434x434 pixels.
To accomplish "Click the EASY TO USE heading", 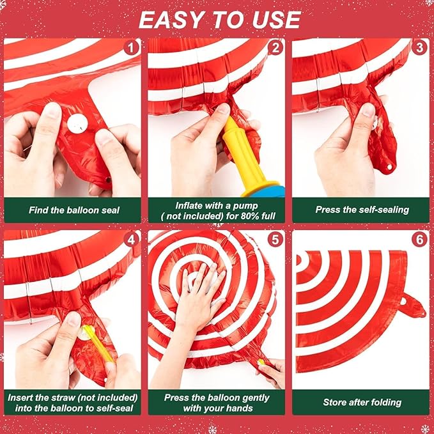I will (x=219, y=20).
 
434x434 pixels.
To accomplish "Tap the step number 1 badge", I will (x=132, y=48).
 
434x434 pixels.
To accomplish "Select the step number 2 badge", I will (x=276, y=48).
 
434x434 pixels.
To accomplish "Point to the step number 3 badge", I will (x=420, y=48).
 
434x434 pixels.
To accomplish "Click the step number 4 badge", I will (x=132, y=240).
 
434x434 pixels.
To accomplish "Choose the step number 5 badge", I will (x=276, y=240).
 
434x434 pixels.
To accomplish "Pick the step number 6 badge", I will (x=420, y=240).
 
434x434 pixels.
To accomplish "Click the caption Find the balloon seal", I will (x=74, y=210).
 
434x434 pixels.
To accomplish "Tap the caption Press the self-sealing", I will (x=362, y=210).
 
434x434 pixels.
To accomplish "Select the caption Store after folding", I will (x=362, y=402).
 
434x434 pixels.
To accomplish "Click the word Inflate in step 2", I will (x=190, y=205).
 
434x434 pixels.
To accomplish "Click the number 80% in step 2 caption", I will (x=246, y=216).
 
